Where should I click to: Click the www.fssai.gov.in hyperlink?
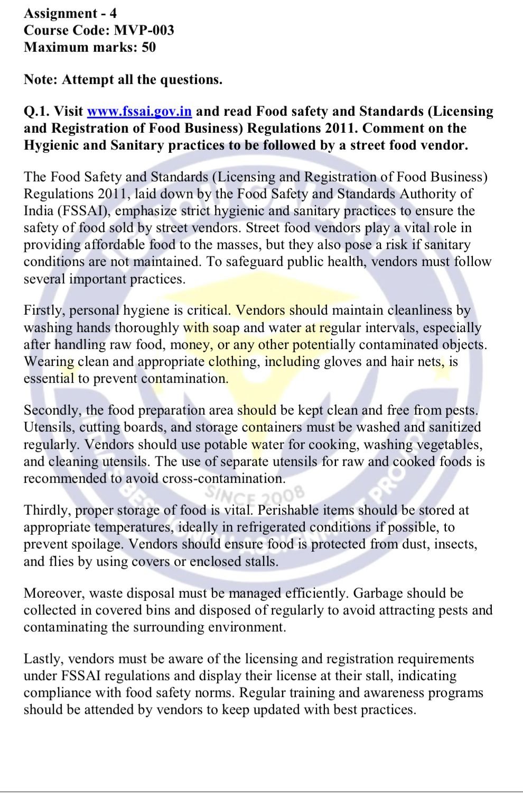tap(139, 112)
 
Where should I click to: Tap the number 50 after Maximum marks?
tap(148, 47)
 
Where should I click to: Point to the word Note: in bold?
tap(41, 80)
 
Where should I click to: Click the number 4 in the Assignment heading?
tap(113, 13)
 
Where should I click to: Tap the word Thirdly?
tap(46, 510)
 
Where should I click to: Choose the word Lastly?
tap(44, 659)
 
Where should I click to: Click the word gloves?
tap(342, 362)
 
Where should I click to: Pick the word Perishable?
tap(288, 510)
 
